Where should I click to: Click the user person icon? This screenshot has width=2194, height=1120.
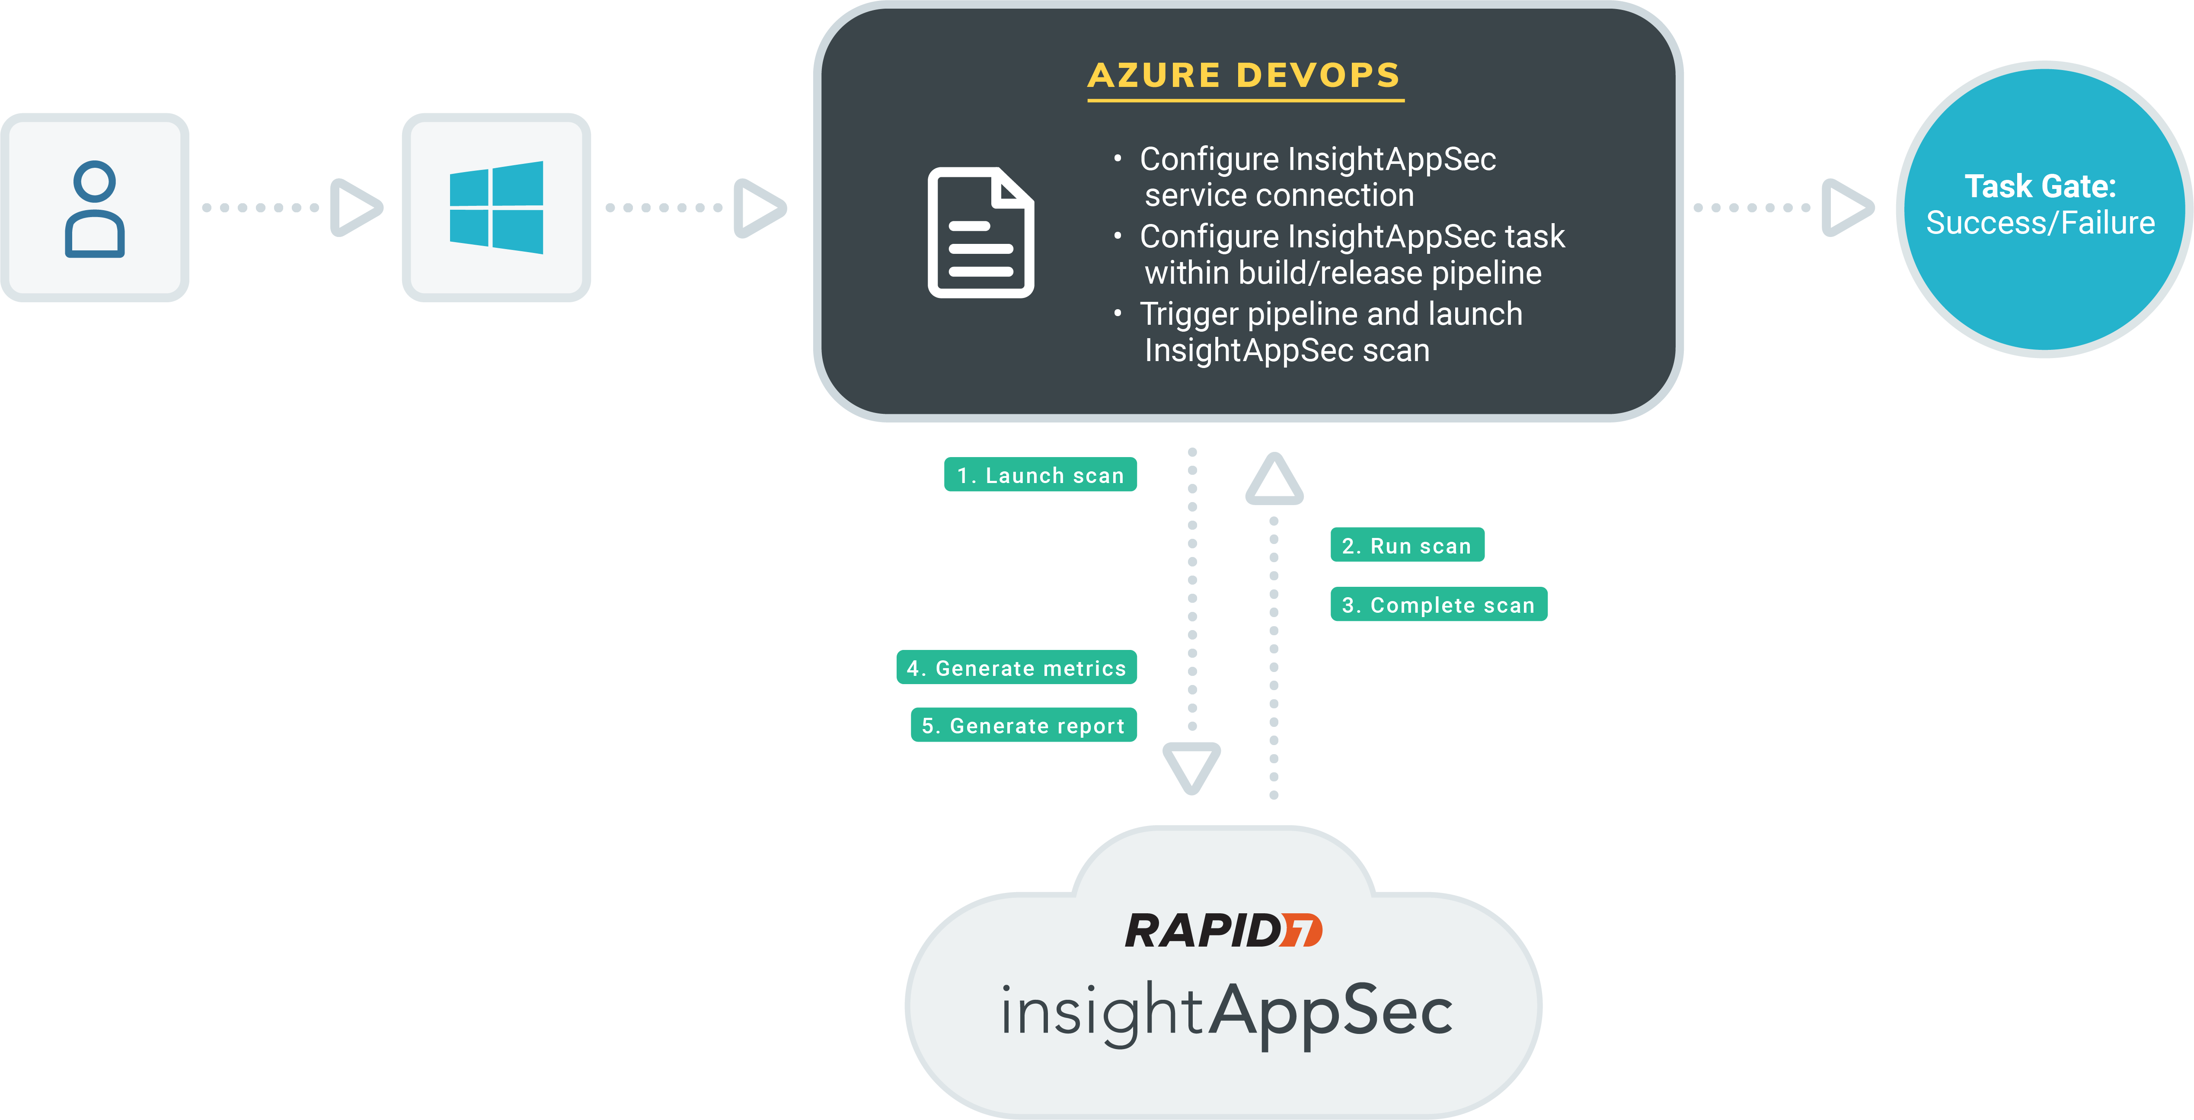[95, 209]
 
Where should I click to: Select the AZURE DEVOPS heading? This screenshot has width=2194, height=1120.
[1244, 76]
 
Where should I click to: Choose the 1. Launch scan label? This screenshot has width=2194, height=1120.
[1040, 475]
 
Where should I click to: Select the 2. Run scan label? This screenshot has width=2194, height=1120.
[1407, 546]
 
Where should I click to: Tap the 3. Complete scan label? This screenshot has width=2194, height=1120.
[1439, 605]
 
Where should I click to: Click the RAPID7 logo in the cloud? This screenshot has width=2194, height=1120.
[1223, 931]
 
